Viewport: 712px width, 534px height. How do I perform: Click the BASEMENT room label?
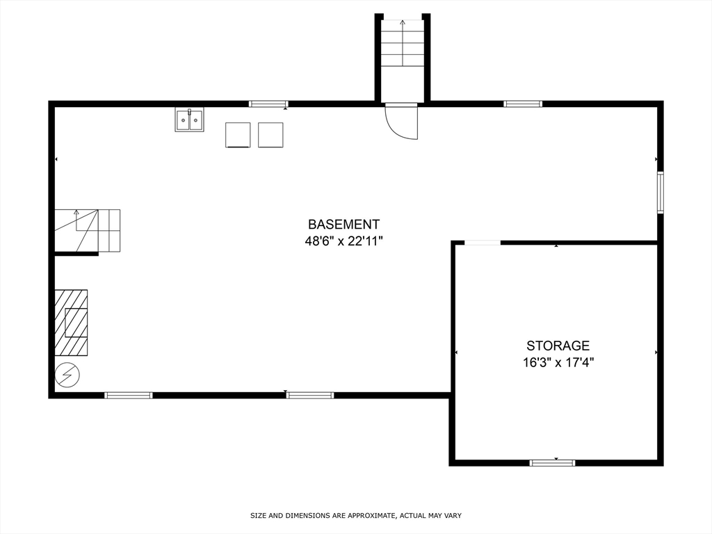[343, 225]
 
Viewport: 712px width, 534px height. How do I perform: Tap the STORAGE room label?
[558, 346]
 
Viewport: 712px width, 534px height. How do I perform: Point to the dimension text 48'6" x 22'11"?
[343, 241]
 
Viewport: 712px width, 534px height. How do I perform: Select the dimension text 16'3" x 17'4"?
[558, 362]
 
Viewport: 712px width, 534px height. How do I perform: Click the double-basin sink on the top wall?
[189, 120]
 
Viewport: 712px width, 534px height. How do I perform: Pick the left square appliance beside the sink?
[238, 135]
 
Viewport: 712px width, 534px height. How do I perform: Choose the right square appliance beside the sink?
[270, 135]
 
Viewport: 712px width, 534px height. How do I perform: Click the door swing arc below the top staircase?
[403, 122]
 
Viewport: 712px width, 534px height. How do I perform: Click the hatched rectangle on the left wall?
[72, 323]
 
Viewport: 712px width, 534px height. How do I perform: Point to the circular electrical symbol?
[67, 375]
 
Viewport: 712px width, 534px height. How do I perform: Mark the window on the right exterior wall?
[661, 193]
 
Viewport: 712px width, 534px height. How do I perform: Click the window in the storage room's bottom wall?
[553, 462]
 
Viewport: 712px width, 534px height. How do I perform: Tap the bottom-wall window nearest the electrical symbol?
[129, 395]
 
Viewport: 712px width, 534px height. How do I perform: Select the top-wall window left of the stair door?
[268, 104]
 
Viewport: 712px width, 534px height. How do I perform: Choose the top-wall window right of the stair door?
[523, 104]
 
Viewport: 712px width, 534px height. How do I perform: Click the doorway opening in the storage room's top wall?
[483, 243]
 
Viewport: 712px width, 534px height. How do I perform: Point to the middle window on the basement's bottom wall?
[310, 395]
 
